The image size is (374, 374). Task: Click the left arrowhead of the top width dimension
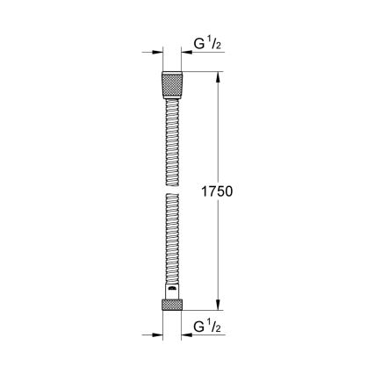(158, 53)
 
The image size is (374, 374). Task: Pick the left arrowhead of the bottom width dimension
(158, 334)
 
